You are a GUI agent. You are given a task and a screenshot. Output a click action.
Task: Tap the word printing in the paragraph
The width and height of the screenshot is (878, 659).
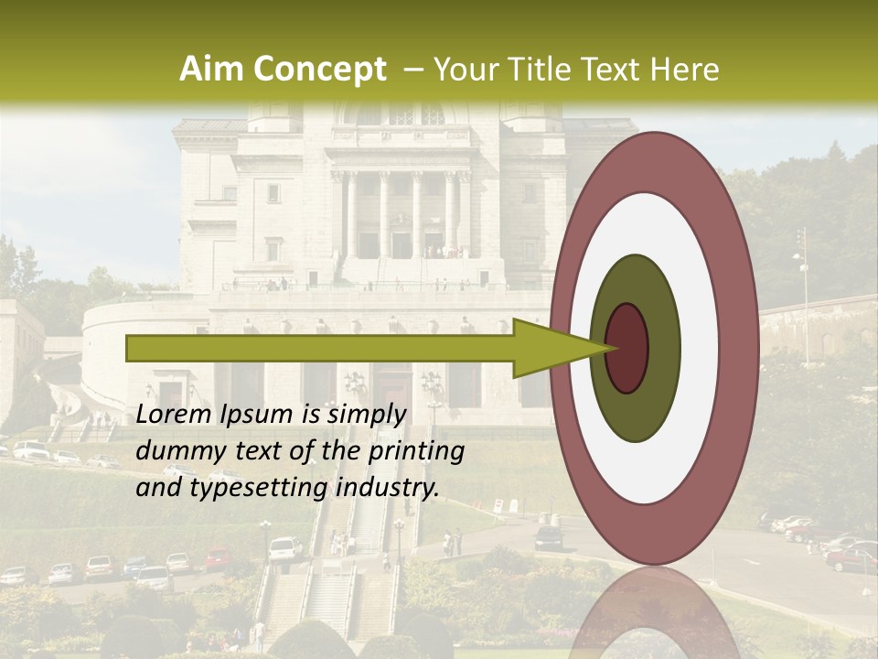pyautogui.click(x=413, y=451)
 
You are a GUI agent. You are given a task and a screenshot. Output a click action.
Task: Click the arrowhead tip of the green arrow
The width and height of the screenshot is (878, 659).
pyautogui.click(x=612, y=348)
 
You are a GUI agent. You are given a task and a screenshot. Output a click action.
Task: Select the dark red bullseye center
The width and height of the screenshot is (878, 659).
pyautogui.click(x=627, y=349)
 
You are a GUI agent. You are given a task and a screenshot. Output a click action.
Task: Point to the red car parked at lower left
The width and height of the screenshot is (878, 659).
pyautogui.click(x=218, y=558)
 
